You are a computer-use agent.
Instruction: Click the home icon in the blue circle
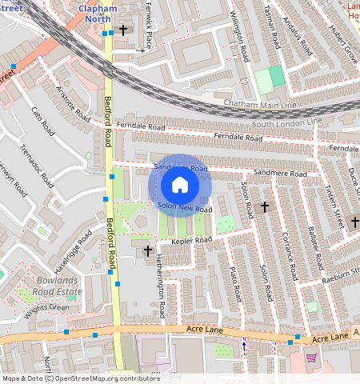point(180,186)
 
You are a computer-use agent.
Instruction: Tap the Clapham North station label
point(110,14)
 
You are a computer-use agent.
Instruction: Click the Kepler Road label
point(190,240)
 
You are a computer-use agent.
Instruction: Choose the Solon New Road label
point(185,208)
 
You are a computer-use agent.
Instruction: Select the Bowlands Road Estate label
point(60,286)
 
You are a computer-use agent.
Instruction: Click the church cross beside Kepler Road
point(148,251)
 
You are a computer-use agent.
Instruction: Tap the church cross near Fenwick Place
point(123,30)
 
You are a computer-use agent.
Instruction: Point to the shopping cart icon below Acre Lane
point(311,358)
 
